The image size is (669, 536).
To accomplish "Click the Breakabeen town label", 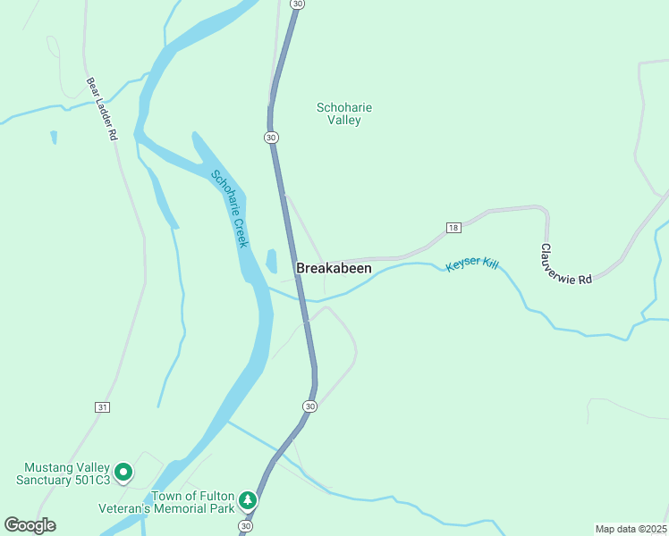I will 334,268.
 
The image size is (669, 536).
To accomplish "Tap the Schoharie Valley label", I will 344,113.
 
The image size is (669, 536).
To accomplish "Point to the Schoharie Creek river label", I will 230,209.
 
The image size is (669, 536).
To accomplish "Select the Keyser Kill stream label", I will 472,265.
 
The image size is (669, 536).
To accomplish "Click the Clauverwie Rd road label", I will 566,264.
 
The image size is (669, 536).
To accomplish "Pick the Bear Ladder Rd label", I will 103,109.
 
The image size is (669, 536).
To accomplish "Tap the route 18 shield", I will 453,228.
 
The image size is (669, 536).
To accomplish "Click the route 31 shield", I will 102,406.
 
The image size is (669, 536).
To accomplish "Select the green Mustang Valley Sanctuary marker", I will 124,471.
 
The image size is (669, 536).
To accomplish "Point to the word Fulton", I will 217,496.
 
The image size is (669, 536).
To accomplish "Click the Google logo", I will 30,525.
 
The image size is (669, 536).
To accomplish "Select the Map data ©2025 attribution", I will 631,529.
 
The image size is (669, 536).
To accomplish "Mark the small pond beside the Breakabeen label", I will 271,261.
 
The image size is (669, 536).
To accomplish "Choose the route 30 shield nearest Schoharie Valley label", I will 272,138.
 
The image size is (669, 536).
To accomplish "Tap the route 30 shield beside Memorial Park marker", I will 245,527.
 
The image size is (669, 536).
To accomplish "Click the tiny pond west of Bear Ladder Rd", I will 54,137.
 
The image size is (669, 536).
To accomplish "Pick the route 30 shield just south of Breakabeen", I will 309,406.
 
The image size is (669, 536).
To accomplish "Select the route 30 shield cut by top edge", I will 298,4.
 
